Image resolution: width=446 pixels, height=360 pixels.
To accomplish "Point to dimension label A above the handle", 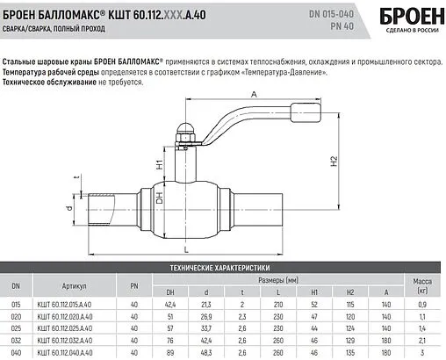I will [x=253, y=95].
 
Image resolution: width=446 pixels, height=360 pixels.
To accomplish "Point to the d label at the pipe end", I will [x=68, y=209].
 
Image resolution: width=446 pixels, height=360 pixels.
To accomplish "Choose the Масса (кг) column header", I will [x=421, y=284].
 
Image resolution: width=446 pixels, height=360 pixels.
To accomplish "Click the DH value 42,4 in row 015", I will [x=172, y=303].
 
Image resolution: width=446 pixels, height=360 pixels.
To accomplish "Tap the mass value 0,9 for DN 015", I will [x=421, y=303].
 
